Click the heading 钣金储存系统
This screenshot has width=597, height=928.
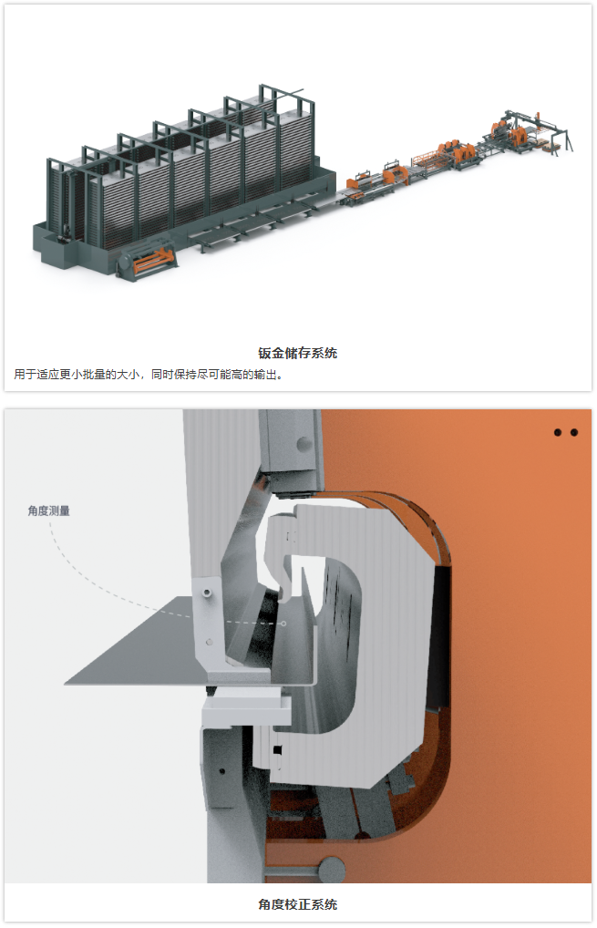click(298, 354)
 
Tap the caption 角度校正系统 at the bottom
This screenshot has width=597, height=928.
click(298, 904)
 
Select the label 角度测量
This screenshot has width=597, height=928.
click(49, 510)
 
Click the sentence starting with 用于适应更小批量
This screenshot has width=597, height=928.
click(149, 375)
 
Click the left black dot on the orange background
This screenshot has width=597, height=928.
click(558, 433)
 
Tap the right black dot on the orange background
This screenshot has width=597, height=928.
click(574, 433)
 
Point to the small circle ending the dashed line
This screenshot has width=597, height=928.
click(283, 624)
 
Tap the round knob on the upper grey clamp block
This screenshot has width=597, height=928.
click(304, 443)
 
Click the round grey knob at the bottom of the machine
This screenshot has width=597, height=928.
click(332, 870)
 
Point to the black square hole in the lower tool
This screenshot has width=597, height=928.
click(277, 750)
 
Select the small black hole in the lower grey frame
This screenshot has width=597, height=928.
click(221, 771)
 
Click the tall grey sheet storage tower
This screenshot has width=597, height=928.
click(183, 178)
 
